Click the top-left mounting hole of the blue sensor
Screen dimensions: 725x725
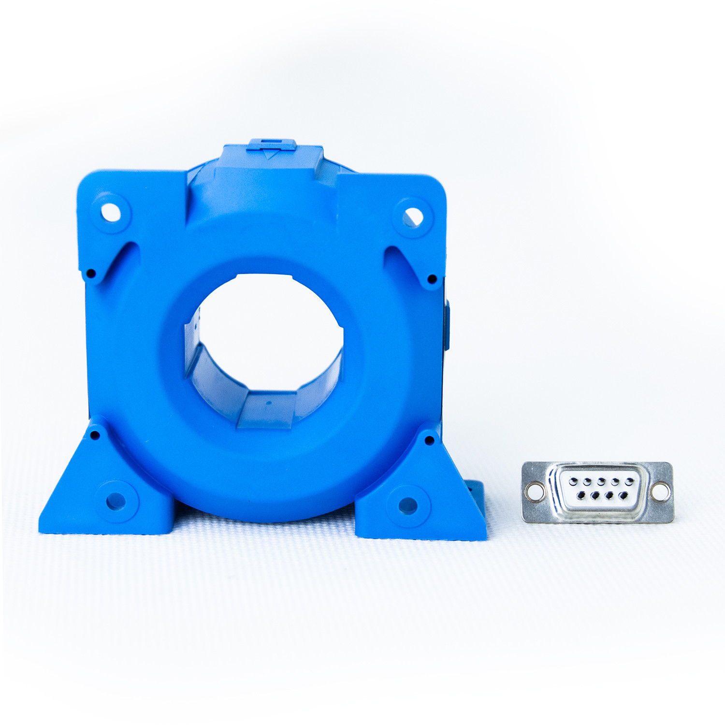tap(111, 212)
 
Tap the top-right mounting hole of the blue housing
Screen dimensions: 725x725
tap(413, 217)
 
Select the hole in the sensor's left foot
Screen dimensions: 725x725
tap(116, 501)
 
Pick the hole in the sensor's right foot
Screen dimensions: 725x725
tap(407, 506)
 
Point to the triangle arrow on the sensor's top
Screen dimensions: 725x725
tap(270, 155)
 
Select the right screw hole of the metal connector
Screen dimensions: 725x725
tap(660, 492)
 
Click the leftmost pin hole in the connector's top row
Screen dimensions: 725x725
tap(573, 481)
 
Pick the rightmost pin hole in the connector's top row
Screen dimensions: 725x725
tap(630, 481)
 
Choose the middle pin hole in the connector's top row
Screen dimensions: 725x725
tap(601, 481)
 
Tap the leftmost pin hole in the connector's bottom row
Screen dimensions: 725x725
tap(581, 495)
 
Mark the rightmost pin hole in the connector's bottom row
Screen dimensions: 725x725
tap(624, 495)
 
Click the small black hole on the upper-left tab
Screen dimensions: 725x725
tap(90, 274)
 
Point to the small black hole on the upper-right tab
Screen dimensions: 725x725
tap(432, 279)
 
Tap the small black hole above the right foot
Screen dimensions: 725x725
tap(429, 440)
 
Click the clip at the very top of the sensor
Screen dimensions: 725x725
tap(271, 145)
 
